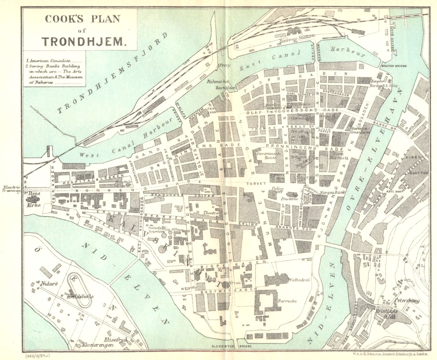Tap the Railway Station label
297,39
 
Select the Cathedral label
300,280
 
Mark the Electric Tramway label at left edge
12,189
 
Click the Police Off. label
277,190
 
